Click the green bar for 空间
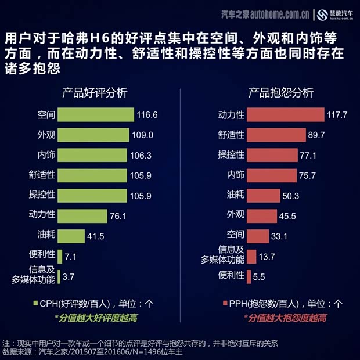pyautogui.click(x=96, y=115)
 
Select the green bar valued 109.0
pyautogui.click(x=93, y=135)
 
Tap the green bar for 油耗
pyautogui.click(x=71, y=236)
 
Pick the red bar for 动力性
pyautogui.click(x=285, y=115)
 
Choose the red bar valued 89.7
pyautogui.click(x=276, y=135)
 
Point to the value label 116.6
pyautogui.click(x=147, y=115)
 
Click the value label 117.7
pyautogui.click(x=337, y=115)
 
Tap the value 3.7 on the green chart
pyautogui.click(x=69, y=277)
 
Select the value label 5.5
pyautogui.click(x=259, y=277)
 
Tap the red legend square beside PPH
pyautogui.click(x=225, y=303)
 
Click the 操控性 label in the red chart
pyautogui.click(x=231, y=155)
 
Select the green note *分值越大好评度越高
pyautogui.click(x=96, y=318)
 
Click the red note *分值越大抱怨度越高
pyautogui.click(x=285, y=318)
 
